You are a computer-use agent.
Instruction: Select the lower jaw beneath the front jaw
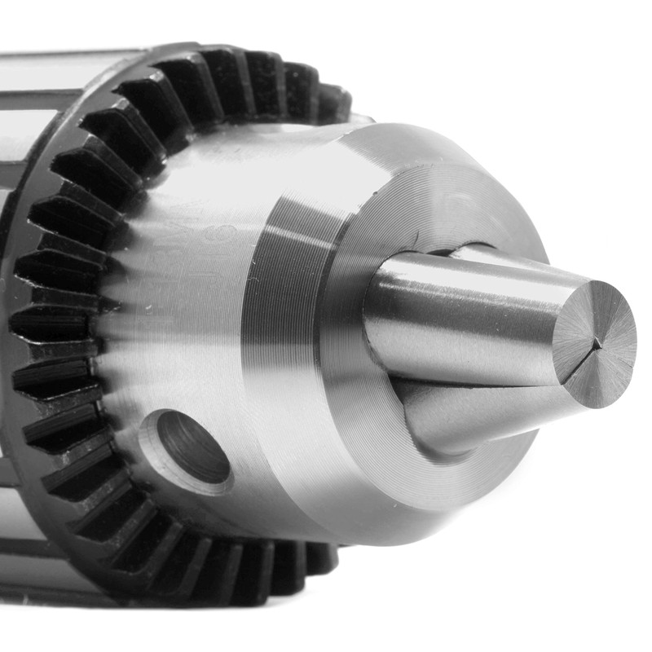pyautogui.click(x=481, y=416)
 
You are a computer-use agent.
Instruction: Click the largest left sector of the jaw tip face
pyautogui.click(x=575, y=334)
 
